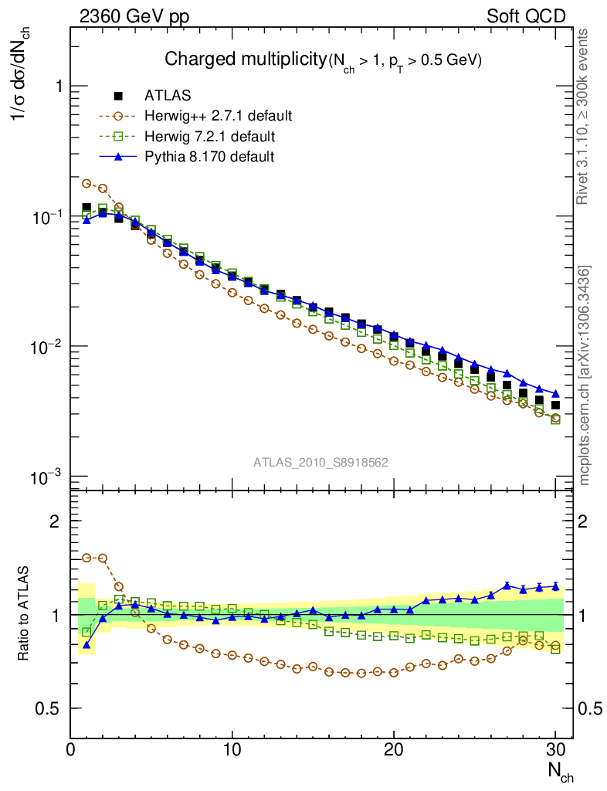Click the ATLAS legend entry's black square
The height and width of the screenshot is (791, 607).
pyautogui.click(x=118, y=96)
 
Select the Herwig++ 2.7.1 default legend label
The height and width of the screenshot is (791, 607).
pyautogui.click(x=218, y=117)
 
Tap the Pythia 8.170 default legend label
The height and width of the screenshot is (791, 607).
pyautogui.click(x=209, y=157)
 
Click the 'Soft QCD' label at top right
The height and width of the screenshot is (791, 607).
pyautogui.click(x=526, y=16)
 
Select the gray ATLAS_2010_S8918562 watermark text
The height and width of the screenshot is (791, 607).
pyautogui.click(x=320, y=463)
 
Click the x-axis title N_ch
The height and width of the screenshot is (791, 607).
pyautogui.click(x=561, y=771)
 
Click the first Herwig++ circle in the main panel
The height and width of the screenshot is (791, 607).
pyautogui.click(x=86, y=184)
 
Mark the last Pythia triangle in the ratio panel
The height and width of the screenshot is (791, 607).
pyautogui.click(x=555, y=586)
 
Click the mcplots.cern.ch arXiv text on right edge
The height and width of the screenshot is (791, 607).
pyautogui.click(x=585, y=375)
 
